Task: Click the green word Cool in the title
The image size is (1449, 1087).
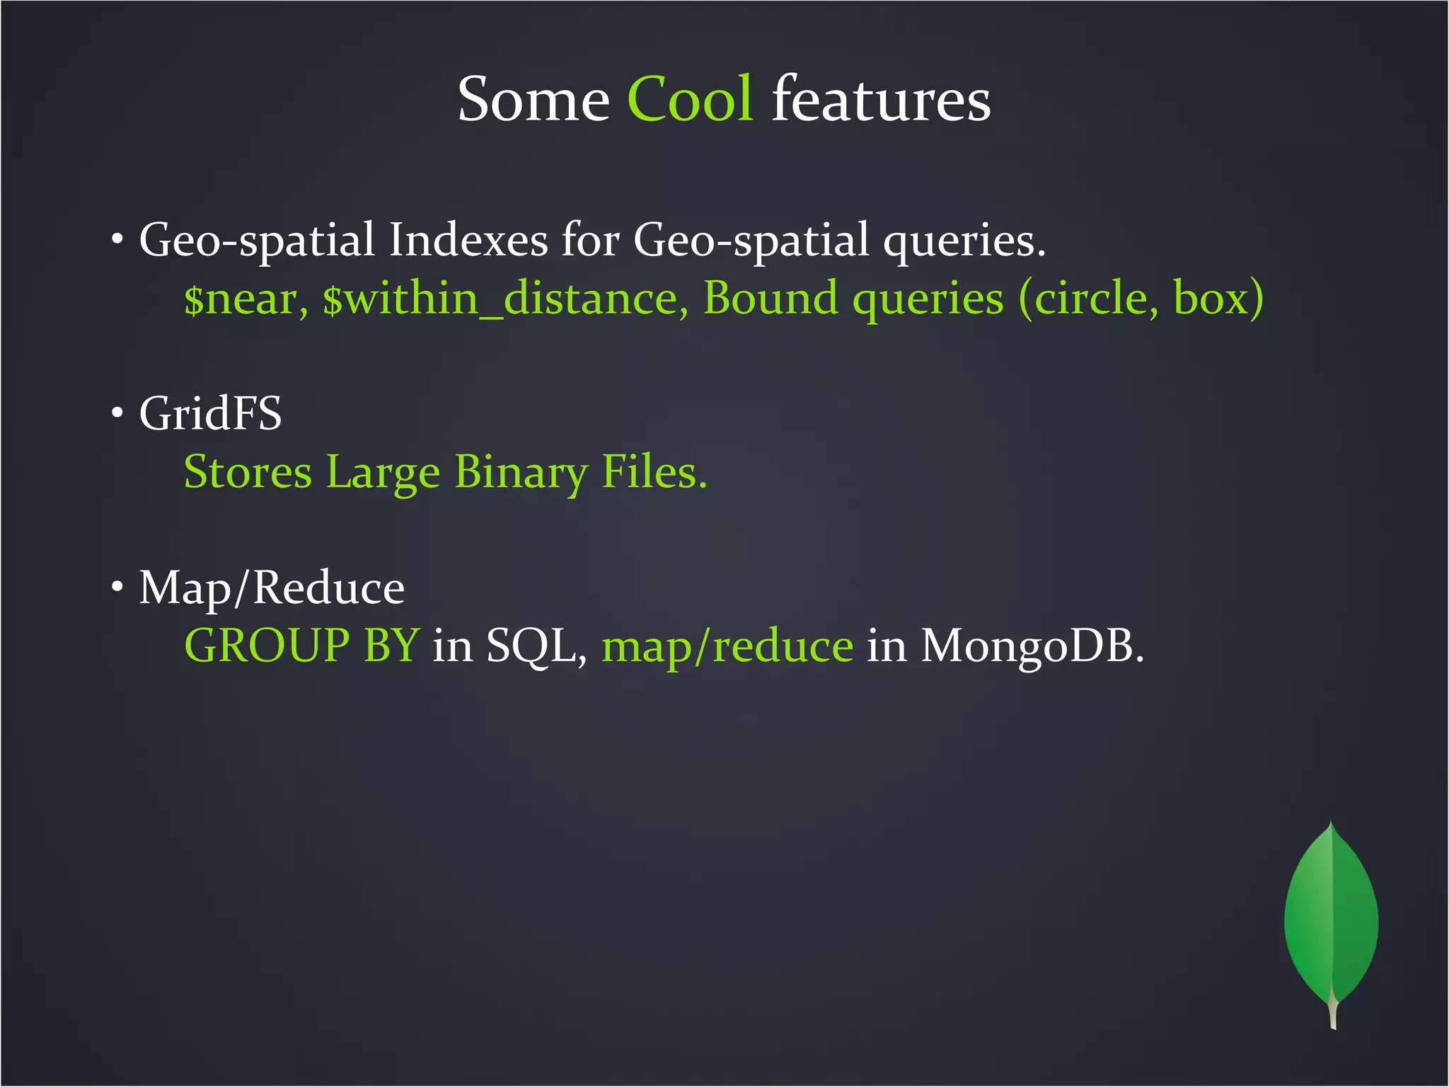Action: tap(690, 99)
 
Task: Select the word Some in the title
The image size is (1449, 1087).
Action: tap(533, 99)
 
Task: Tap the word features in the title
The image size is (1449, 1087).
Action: tap(881, 99)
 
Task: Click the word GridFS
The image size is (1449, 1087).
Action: tap(210, 413)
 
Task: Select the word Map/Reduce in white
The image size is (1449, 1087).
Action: tap(272, 588)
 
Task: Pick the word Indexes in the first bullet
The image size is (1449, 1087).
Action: tap(468, 241)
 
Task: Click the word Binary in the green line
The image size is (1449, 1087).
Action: tap(521, 473)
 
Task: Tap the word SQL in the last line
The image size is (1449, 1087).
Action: tap(536, 646)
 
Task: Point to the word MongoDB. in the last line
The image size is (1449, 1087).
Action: tap(1032, 646)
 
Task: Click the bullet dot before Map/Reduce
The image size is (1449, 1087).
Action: tap(117, 587)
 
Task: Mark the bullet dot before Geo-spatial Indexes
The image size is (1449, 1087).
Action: tap(117, 238)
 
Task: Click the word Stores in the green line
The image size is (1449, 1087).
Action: tap(248, 473)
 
